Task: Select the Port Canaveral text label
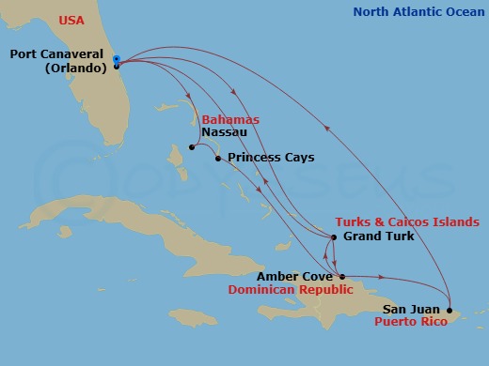point(58,53)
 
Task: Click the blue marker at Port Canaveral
point(116,59)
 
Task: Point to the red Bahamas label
point(227,121)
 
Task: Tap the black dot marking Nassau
point(191,147)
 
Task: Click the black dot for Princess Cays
point(218,159)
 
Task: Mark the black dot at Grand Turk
point(334,236)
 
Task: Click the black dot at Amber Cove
point(341,277)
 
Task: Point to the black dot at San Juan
point(450,310)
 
